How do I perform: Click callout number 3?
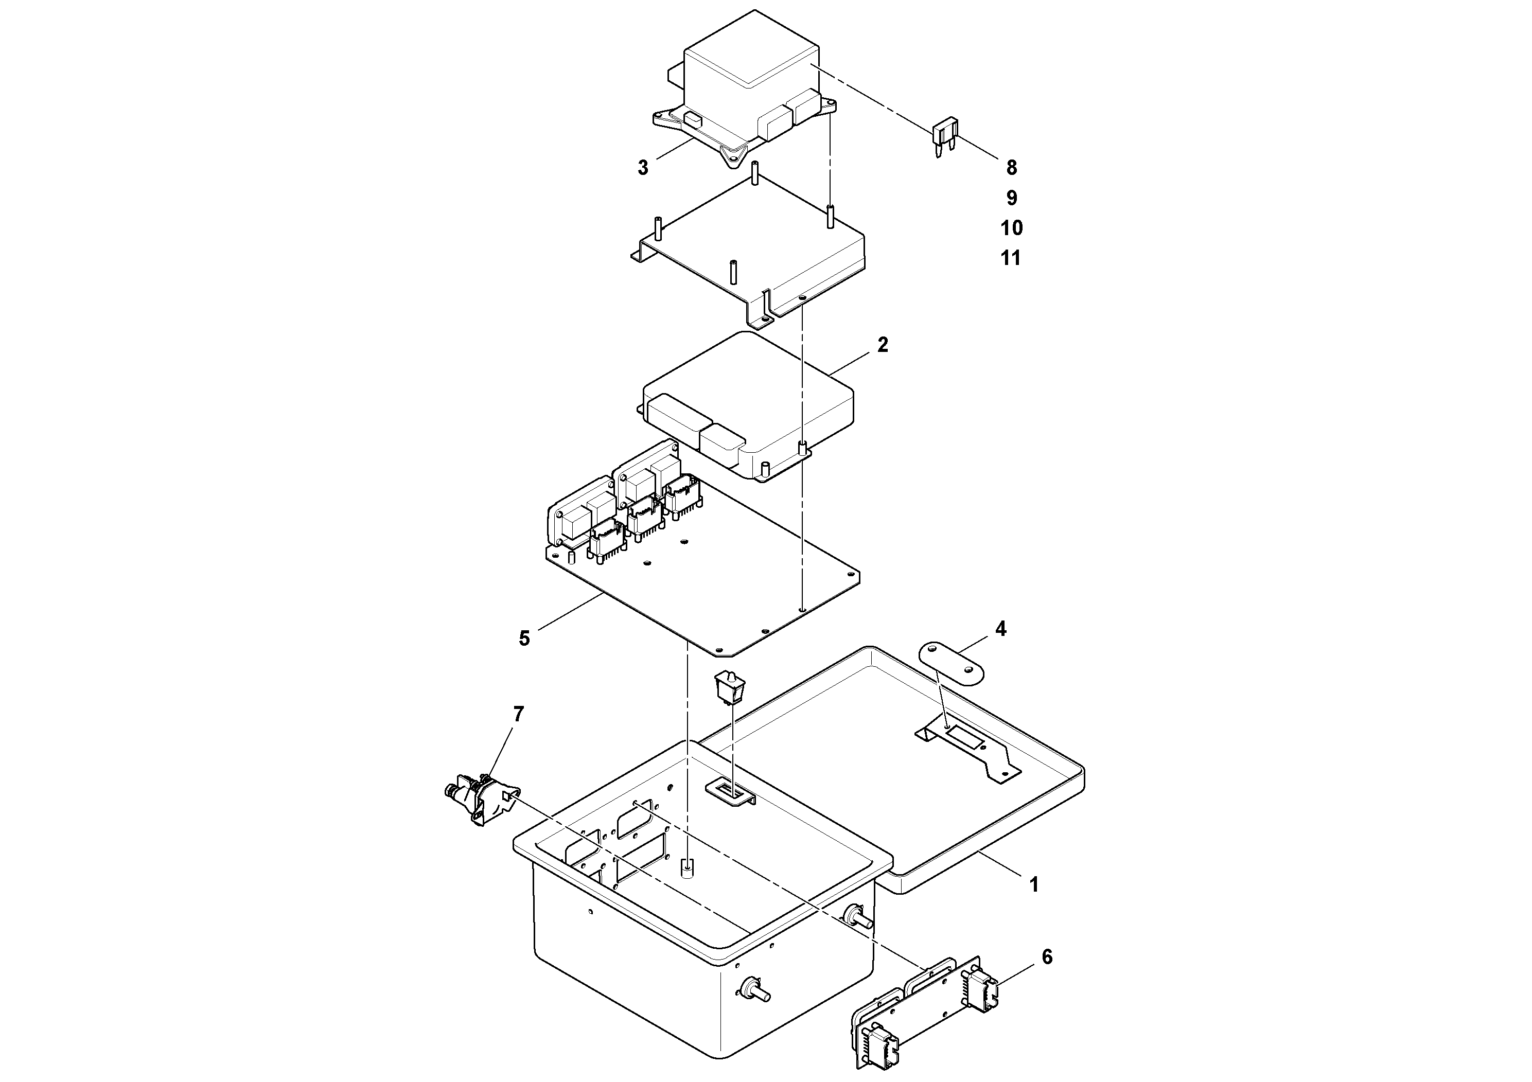coord(643,167)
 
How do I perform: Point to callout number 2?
coord(882,345)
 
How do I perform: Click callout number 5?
coord(524,638)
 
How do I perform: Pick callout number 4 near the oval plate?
coord(1000,628)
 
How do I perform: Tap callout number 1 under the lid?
coord(1033,885)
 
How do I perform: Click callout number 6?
coord(1047,957)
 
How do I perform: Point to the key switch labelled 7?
coord(479,799)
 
